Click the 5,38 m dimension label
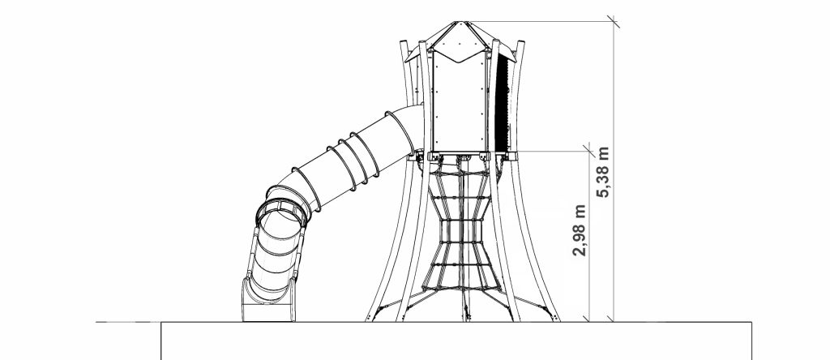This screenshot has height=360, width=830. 603,172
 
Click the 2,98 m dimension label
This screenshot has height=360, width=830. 580,230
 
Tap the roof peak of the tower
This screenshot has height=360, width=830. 460,22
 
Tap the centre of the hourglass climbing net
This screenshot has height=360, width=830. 461,231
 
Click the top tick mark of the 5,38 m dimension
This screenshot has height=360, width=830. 614,22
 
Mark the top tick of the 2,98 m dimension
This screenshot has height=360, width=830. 589,151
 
